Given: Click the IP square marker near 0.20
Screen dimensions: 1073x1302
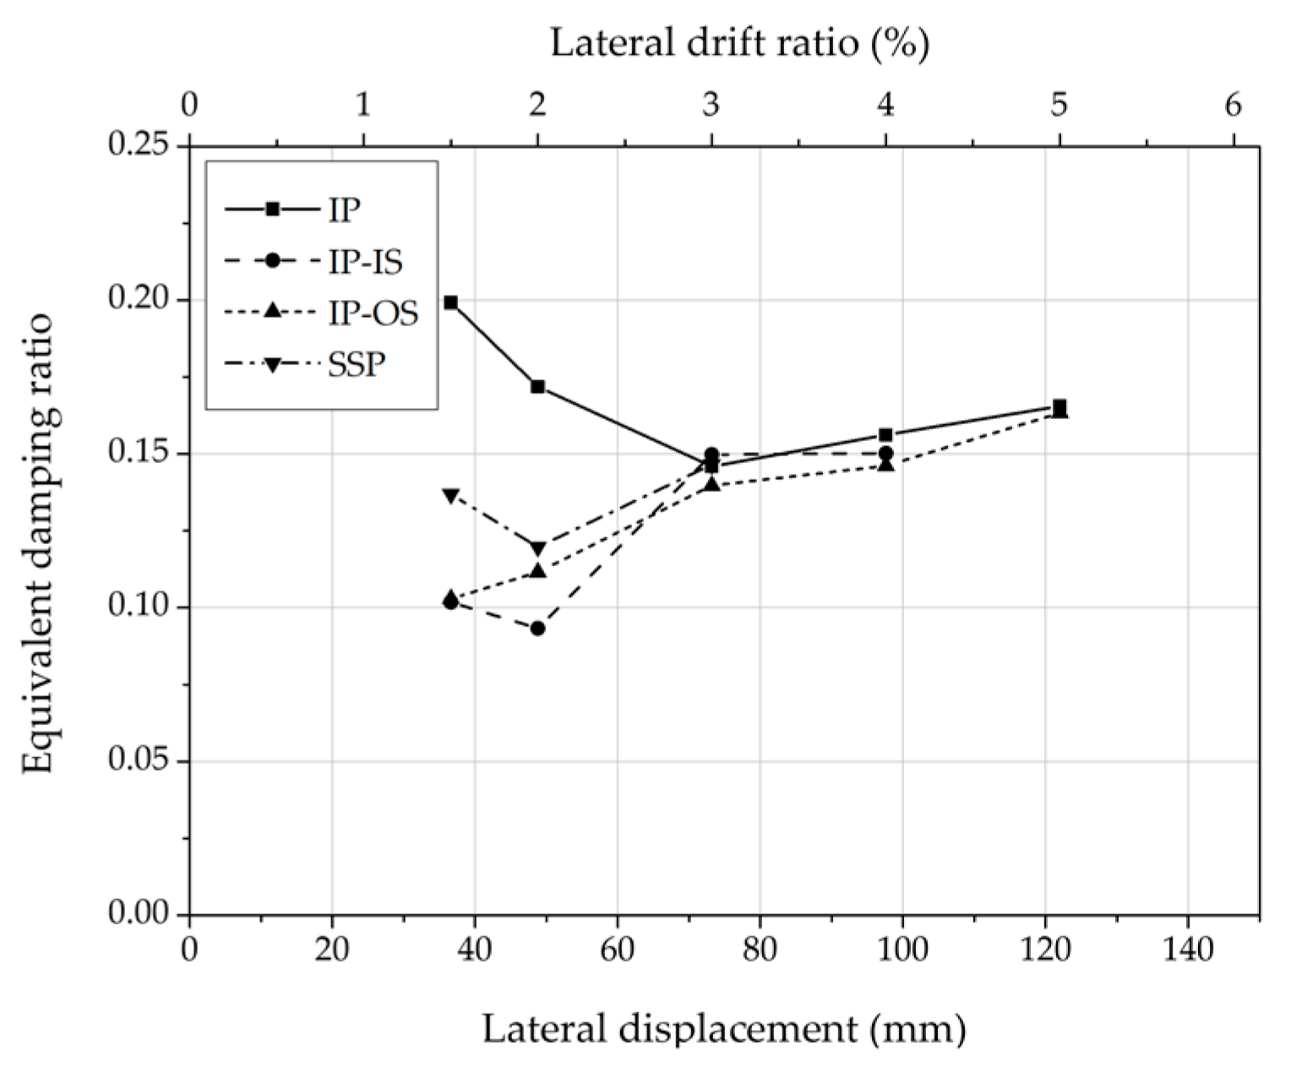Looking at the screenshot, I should [450, 302].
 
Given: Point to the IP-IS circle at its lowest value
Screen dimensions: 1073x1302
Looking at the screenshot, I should [537, 629].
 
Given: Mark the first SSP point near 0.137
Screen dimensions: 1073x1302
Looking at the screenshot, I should [450, 495].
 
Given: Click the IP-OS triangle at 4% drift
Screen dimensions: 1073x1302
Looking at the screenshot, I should [885, 464].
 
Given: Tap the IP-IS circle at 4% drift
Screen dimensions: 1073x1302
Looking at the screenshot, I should [885, 453].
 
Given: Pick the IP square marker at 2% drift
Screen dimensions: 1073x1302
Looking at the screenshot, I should [537, 387].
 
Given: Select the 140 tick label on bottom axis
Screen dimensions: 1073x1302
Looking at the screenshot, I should [1188, 950].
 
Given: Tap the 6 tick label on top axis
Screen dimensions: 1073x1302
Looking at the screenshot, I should [1233, 105].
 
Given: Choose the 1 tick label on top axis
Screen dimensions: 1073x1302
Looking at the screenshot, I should [363, 105].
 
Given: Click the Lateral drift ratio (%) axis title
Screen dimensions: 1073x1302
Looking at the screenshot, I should [740, 42].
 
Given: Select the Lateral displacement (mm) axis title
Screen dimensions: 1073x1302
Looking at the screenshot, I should [724, 1029].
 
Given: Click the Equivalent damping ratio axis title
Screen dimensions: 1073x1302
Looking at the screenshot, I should [38, 542].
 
